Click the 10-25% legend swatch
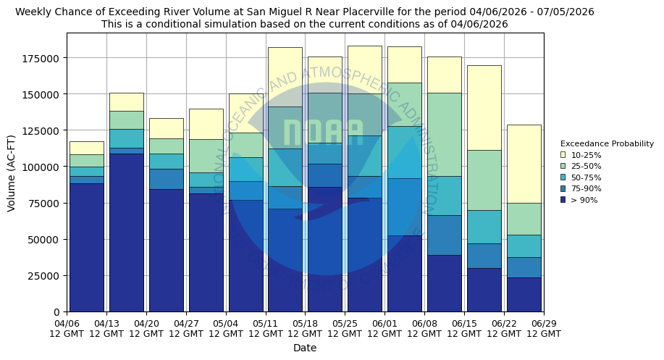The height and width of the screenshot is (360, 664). pos(563,155)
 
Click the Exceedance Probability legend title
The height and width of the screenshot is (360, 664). pos(607,143)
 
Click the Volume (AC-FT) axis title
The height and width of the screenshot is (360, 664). pos(11,172)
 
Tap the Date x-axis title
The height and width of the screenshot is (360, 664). pos(305,348)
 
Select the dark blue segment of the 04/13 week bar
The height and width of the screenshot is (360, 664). pos(127,232)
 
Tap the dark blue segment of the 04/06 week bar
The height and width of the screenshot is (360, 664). pos(87,247)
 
